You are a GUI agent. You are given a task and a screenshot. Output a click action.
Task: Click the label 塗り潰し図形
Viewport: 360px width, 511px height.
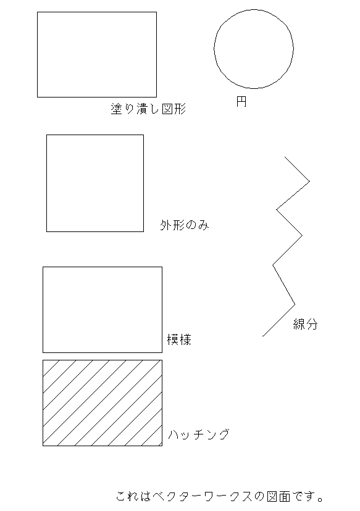pos(148,109)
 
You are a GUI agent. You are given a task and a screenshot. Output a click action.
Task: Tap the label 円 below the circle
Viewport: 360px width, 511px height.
pos(241,101)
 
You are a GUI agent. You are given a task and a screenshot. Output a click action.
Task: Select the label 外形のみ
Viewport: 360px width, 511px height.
pos(184,225)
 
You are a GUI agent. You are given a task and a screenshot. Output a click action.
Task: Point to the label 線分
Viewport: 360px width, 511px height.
pos(306,324)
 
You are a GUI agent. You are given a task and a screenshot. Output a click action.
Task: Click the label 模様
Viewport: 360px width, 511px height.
pos(179,339)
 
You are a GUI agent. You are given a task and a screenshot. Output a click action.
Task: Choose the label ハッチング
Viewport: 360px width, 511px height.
pos(199,434)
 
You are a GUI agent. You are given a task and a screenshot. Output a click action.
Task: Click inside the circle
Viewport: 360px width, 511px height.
pos(254,49)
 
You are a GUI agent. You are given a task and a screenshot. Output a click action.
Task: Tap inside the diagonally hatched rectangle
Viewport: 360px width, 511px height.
pos(103,403)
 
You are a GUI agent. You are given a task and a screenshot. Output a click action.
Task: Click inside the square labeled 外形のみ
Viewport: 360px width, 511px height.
pos(95,183)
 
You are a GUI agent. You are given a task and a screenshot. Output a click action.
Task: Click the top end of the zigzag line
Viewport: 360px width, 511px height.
pos(285,157)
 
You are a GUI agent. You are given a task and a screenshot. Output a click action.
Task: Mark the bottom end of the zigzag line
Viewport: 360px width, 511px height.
pos(263,336)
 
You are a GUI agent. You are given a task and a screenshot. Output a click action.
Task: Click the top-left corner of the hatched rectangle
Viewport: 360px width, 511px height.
pos(43,360)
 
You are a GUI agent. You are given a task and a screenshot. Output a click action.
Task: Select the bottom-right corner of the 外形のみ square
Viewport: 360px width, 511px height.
pos(143,231)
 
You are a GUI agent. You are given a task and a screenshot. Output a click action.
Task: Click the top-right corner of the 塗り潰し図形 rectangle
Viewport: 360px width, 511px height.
pos(156,12)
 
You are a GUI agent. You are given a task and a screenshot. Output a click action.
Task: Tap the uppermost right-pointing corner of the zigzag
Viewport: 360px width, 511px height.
pos(309,181)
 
